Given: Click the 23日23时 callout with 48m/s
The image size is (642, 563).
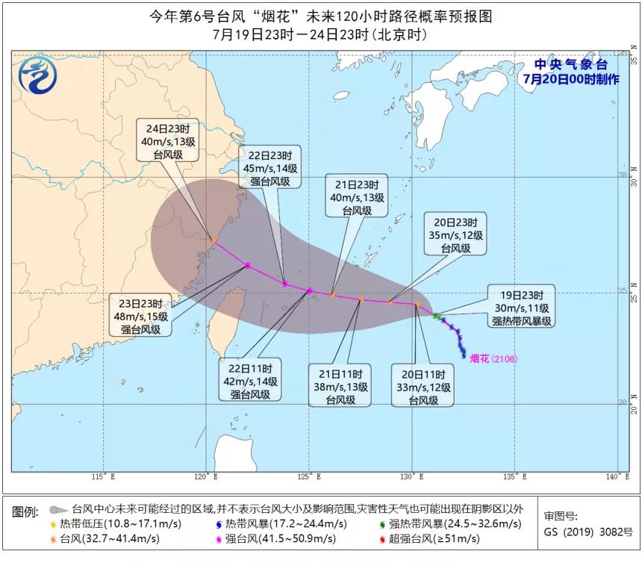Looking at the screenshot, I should click(142, 316).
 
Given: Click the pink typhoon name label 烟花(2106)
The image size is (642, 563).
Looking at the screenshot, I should click(493, 358).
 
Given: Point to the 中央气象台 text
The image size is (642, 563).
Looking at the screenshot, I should click(570, 66).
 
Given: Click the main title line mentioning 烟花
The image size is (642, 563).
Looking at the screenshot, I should click(321, 16).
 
